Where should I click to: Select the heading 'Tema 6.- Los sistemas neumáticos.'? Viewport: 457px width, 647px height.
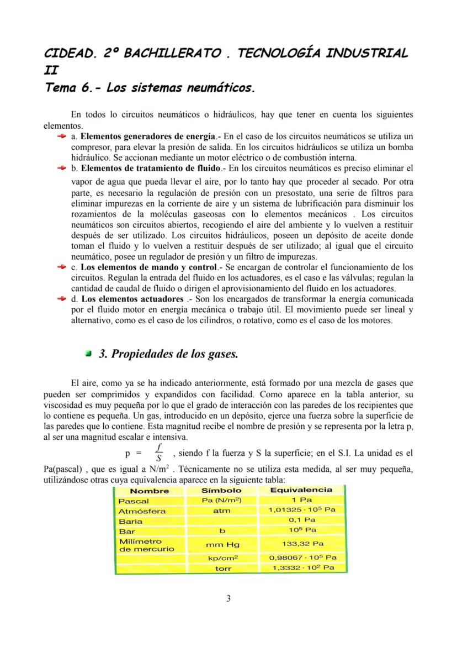(150, 88)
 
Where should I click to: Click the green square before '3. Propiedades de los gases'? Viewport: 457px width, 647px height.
(89, 354)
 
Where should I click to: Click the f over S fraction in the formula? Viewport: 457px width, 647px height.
(158, 453)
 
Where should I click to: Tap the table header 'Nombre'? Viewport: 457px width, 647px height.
(150, 491)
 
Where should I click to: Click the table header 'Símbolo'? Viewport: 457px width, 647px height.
(221, 491)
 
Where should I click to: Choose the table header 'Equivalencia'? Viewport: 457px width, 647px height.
(301, 490)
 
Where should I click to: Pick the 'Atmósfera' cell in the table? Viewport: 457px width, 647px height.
(142, 511)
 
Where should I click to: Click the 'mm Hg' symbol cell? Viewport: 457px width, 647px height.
(221, 545)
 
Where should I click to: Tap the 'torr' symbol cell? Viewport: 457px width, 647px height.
(221, 568)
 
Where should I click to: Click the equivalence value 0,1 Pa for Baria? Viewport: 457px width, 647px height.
(301, 520)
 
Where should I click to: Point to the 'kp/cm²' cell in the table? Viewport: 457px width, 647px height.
(221, 559)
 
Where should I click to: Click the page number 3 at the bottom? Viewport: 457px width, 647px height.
(228, 598)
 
